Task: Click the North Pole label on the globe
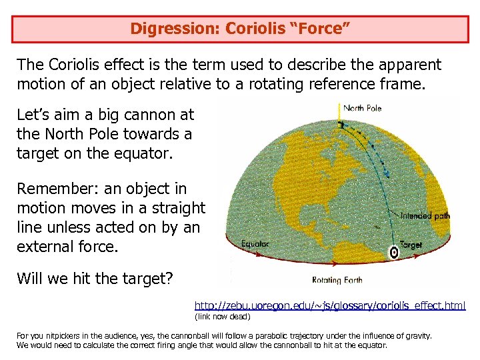(362, 108)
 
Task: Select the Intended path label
(425, 216)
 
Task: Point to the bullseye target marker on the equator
(394, 252)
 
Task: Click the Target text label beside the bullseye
(411, 245)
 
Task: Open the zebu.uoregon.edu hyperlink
(329, 305)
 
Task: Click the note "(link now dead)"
(222, 316)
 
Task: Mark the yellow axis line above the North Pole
(340, 111)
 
